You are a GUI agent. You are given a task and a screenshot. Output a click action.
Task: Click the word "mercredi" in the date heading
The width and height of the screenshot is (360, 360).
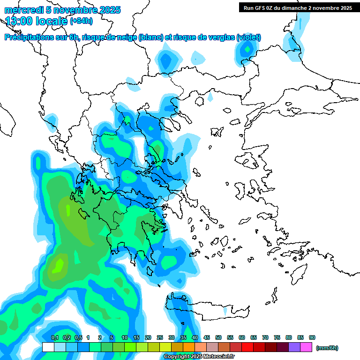click(x=21, y=10)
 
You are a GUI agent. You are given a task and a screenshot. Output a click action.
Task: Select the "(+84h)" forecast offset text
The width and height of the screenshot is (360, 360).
click(x=81, y=21)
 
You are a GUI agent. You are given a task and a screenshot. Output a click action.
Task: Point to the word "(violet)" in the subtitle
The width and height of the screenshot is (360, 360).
click(x=249, y=37)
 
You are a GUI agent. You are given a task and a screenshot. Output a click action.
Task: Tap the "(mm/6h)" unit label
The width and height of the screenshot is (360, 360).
click(x=327, y=348)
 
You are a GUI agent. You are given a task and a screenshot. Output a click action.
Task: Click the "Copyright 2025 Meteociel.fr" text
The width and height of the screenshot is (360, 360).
click(x=199, y=357)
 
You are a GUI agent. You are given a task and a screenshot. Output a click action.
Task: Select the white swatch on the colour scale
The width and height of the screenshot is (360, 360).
click(x=48, y=347)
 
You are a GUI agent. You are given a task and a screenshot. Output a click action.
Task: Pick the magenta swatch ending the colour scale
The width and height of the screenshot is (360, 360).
click(x=307, y=347)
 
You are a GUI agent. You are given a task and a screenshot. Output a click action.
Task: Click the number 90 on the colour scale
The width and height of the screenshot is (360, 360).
click(x=312, y=337)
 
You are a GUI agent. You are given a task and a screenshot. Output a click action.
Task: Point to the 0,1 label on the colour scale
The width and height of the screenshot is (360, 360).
click(x=54, y=337)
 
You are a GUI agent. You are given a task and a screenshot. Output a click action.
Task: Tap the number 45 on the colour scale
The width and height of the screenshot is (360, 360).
click(x=207, y=337)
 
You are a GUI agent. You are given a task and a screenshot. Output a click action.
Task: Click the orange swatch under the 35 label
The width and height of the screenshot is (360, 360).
click(x=189, y=347)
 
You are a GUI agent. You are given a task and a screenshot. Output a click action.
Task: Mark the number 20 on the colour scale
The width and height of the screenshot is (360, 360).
click(x=148, y=337)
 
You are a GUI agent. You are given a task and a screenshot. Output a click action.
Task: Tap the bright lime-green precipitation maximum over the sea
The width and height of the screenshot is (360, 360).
click(x=58, y=266)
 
